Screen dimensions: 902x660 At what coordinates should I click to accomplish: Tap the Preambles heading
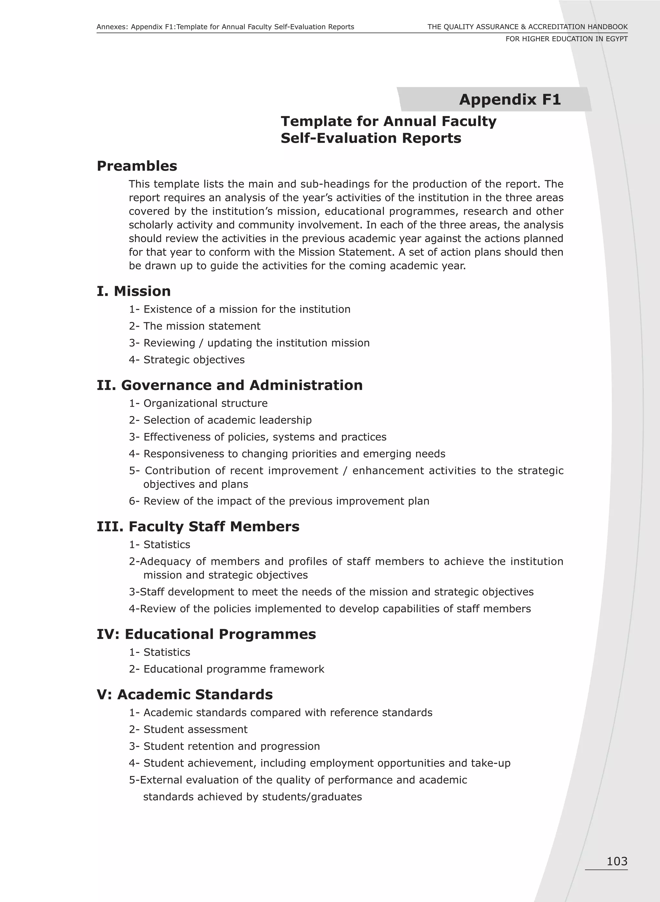[x=137, y=166]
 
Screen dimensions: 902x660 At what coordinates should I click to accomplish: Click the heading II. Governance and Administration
[x=230, y=385]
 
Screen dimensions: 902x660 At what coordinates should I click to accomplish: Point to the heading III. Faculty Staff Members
[x=198, y=526]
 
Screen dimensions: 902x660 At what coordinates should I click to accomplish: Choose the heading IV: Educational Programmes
[x=206, y=634]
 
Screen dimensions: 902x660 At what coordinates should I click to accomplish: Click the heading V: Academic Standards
[x=185, y=694]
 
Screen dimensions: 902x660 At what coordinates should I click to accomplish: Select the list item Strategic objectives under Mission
[x=194, y=360]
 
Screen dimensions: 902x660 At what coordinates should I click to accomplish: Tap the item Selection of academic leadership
[x=227, y=420]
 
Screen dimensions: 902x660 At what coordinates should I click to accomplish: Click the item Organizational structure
[x=205, y=403]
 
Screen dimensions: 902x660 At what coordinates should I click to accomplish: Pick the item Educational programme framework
[x=234, y=669]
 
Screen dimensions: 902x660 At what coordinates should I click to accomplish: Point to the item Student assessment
[x=195, y=729]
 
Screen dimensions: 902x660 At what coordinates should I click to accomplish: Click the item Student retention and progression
[x=231, y=746]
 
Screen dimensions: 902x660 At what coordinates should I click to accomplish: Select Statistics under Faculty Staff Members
[x=167, y=545]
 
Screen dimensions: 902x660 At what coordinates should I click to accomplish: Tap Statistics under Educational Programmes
[x=167, y=652]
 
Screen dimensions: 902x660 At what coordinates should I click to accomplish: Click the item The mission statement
[x=202, y=326]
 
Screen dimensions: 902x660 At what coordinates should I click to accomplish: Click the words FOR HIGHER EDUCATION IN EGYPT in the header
[x=566, y=39]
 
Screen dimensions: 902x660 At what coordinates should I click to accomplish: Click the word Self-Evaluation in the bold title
[x=338, y=138]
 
